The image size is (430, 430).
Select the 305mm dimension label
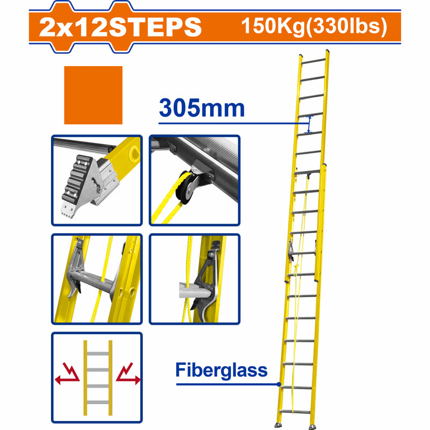(202, 109)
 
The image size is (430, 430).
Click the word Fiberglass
(221, 370)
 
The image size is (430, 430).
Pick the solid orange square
(93, 95)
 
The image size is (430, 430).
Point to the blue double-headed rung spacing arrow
(309, 125)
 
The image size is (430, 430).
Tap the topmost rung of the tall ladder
(314, 59)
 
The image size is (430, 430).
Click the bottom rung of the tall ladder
(296, 412)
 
